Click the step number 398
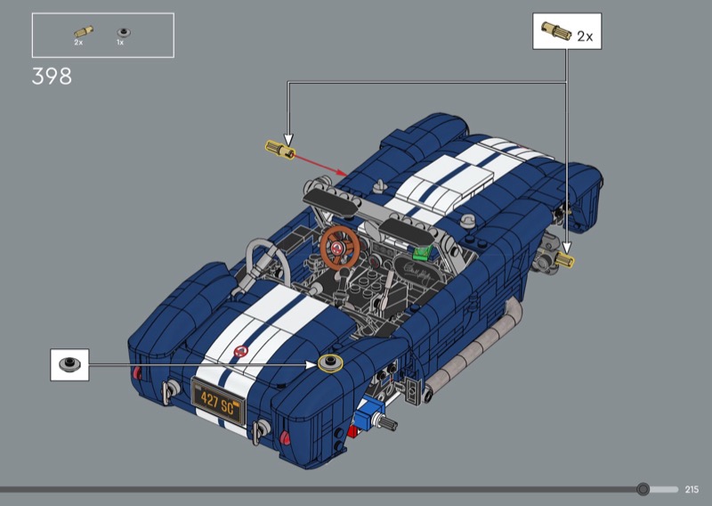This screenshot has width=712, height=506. [52, 77]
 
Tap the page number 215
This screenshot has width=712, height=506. [692, 489]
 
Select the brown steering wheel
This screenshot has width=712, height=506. [340, 248]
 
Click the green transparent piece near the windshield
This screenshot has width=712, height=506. [422, 252]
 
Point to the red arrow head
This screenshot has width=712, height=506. [343, 172]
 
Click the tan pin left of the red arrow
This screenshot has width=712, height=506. [279, 150]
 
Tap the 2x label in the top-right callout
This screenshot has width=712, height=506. [585, 37]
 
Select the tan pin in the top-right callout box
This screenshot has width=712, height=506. [556, 31]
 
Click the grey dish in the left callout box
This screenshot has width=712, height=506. [69, 364]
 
